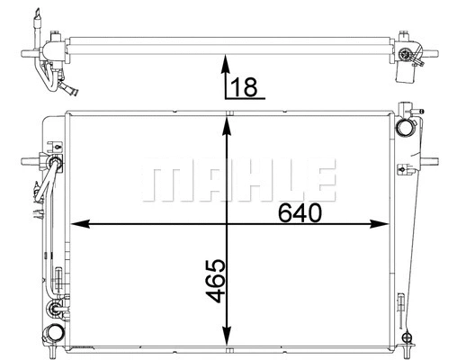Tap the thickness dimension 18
click(243, 86)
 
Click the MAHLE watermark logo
click(238, 181)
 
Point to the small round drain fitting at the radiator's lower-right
click(408, 339)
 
